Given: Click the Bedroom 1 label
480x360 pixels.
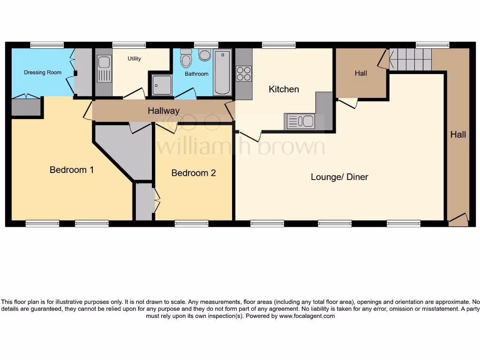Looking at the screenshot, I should [x=72, y=170].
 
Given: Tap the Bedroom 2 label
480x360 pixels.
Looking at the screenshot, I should [x=194, y=173].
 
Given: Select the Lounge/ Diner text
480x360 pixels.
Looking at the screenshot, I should [x=339, y=177].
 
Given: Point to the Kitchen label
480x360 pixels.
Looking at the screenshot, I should [x=284, y=89].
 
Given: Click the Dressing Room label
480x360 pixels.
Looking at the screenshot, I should [x=43, y=73].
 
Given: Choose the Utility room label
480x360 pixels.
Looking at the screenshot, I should [x=134, y=59].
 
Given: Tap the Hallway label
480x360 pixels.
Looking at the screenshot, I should [x=164, y=111].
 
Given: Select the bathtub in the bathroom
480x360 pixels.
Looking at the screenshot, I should [x=222, y=73].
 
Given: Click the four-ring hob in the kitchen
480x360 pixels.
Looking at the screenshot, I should [x=244, y=74].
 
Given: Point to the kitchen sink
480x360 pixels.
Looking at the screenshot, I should [x=300, y=121].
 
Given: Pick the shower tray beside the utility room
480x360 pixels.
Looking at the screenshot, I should [x=161, y=85].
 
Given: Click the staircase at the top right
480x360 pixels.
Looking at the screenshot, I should [x=410, y=59].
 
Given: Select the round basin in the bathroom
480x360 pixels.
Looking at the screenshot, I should [x=205, y=55].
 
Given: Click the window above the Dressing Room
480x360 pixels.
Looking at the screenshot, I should [x=47, y=45].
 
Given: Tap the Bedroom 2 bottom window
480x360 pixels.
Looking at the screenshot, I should [x=191, y=224].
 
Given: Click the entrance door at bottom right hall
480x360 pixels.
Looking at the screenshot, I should [x=458, y=219].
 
